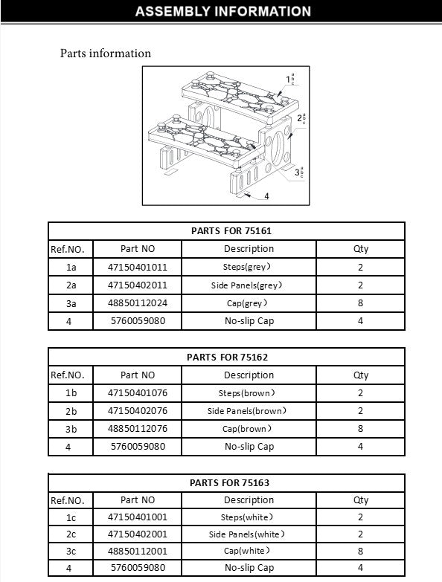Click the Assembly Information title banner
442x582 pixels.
tap(223, 11)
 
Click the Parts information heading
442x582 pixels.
tap(105, 54)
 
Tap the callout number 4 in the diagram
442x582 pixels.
tap(266, 196)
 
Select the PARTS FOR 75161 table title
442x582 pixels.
tap(225, 231)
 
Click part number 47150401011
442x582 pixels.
tap(138, 267)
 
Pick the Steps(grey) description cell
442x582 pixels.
tap(249, 267)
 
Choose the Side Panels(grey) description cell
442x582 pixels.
tap(249, 285)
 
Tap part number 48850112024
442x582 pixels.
tap(138, 303)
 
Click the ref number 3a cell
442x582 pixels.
tap(71, 303)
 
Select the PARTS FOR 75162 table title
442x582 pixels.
tap(225, 357)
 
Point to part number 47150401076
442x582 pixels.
tap(138, 392)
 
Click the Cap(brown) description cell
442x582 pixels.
tap(249, 429)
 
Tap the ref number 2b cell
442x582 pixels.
tap(71, 410)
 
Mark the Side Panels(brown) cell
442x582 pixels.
tap(249, 410)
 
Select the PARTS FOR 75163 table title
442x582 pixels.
tap(225, 482)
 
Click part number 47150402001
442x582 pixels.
tap(138, 534)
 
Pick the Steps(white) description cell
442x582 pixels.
tap(249, 517)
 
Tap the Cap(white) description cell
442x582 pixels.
tap(249, 552)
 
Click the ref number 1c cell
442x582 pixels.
tap(71, 517)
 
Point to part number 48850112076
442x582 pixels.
tap(138, 429)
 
